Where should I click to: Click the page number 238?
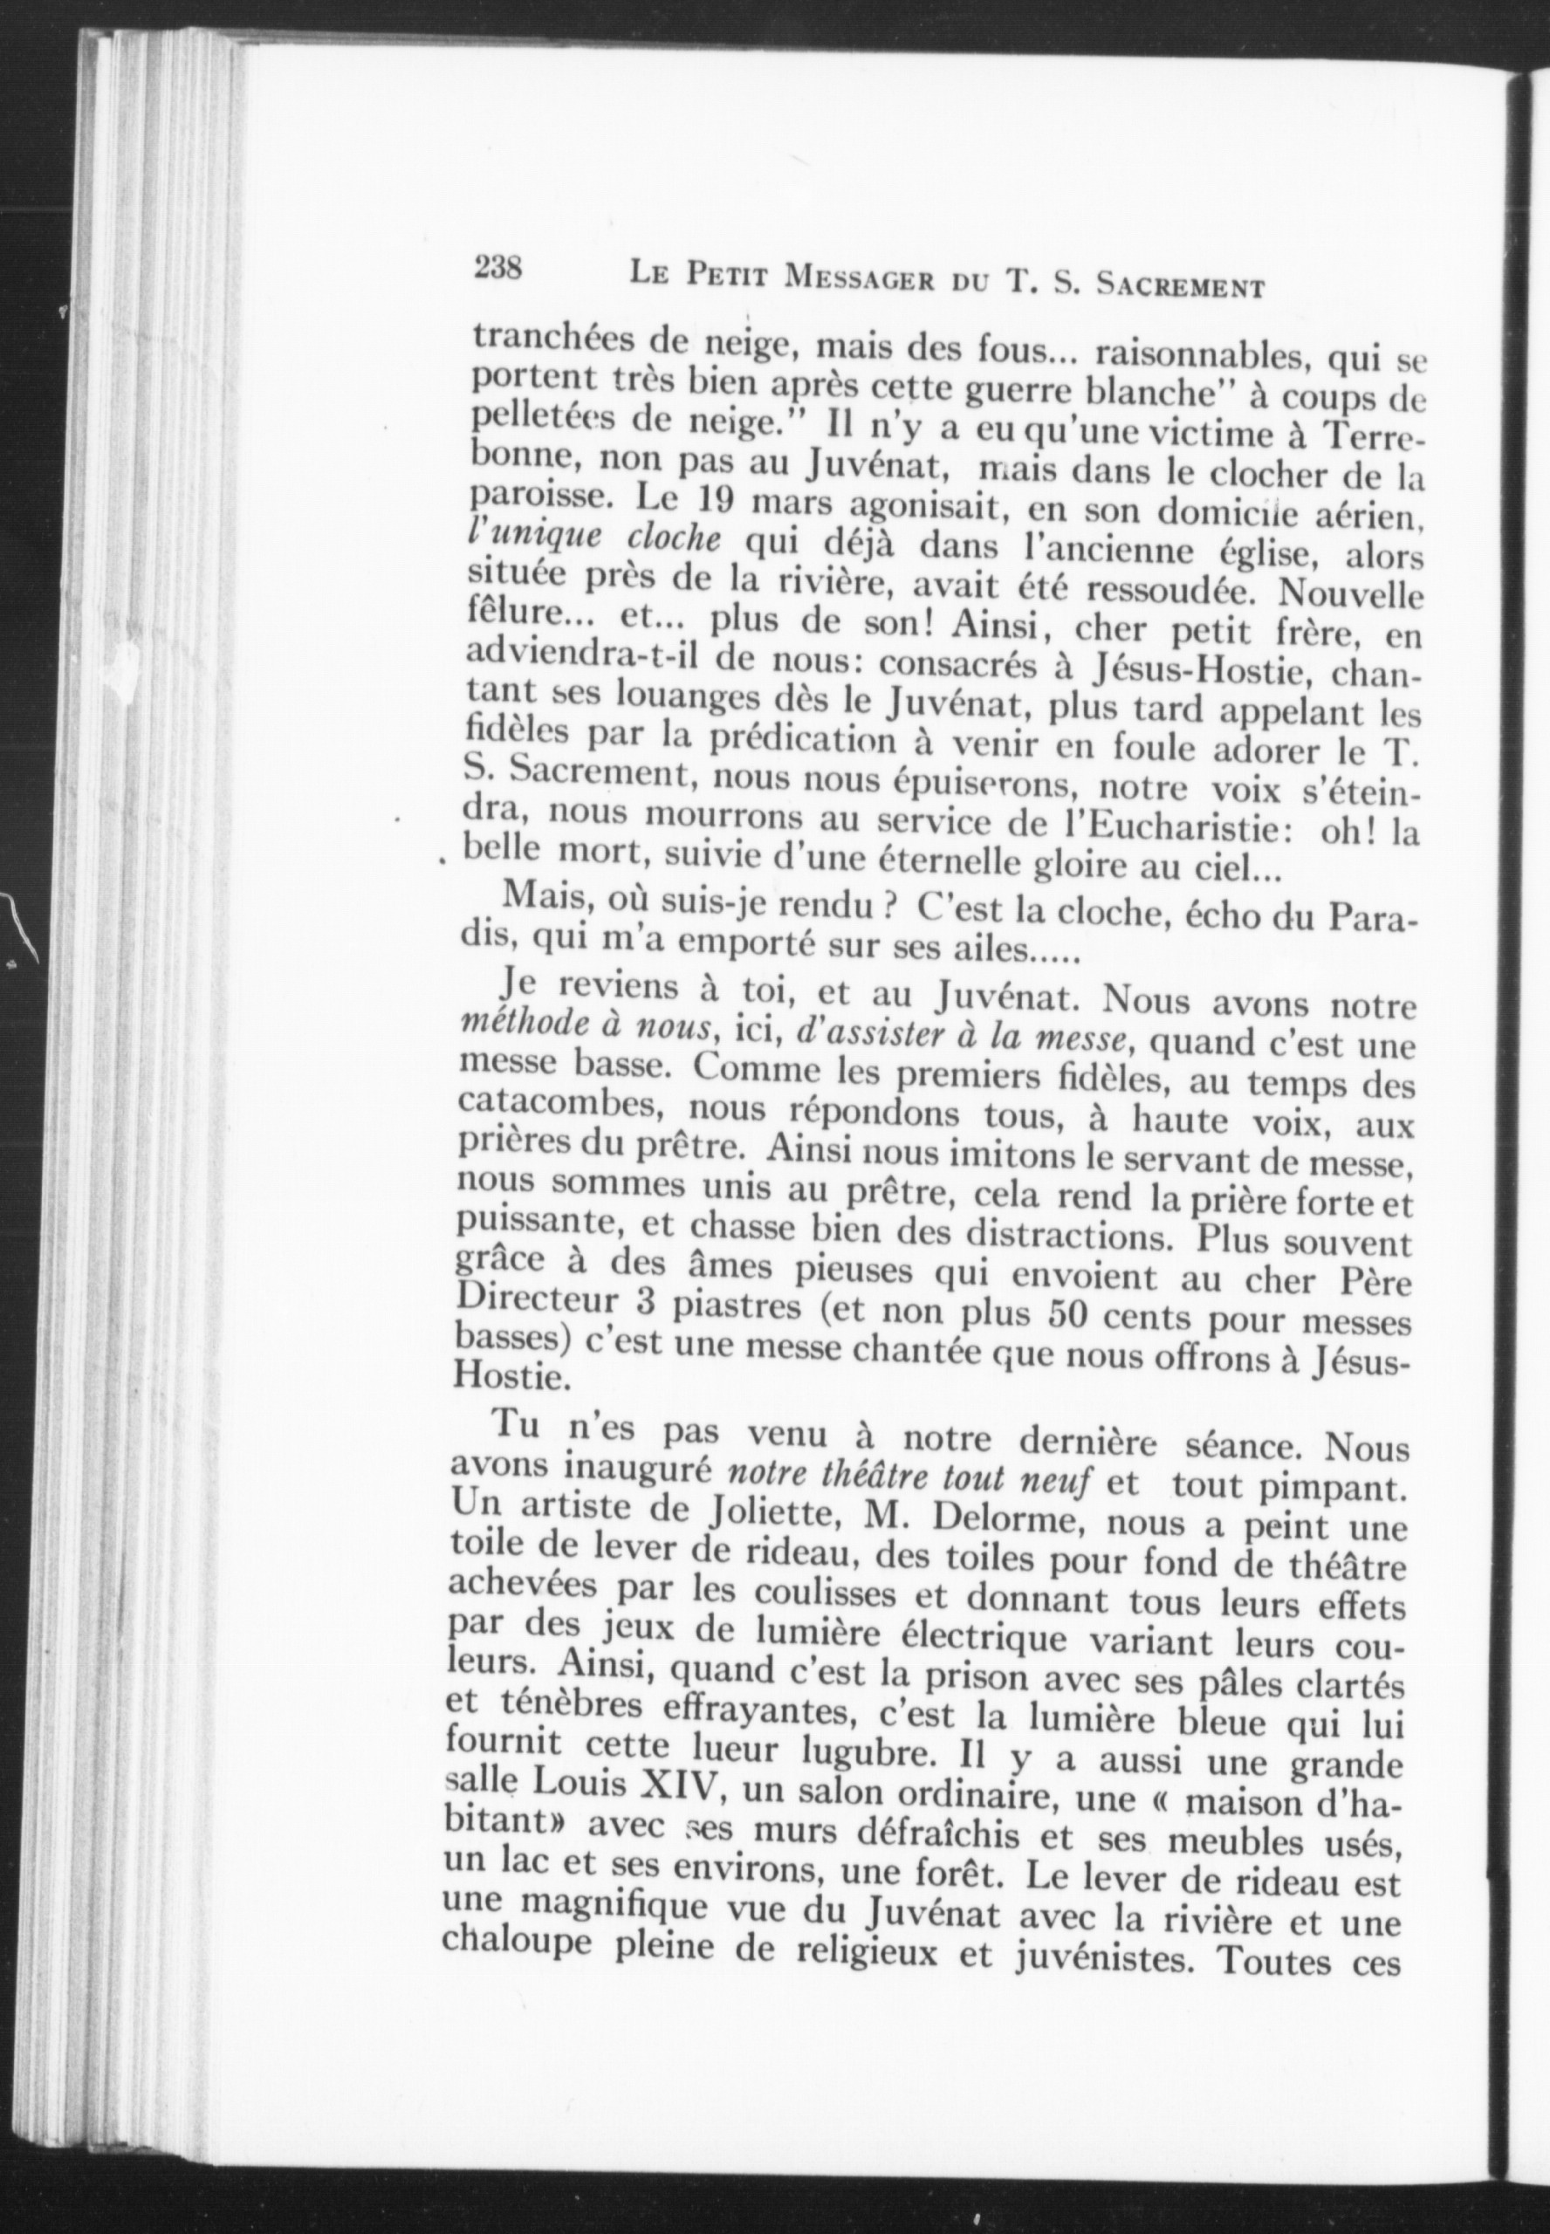498,266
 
